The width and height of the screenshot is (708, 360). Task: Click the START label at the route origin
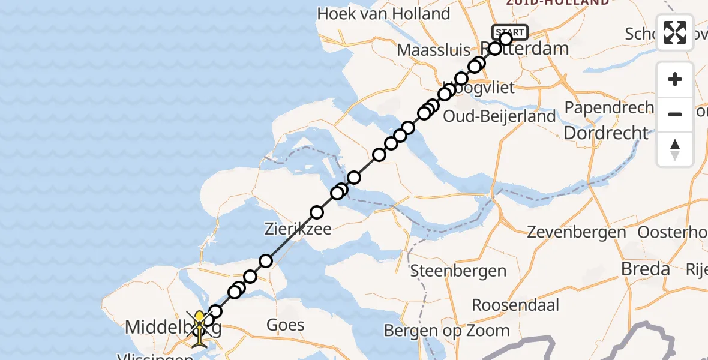pyautogui.click(x=510, y=32)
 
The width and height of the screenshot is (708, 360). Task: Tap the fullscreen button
pyautogui.click(x=675, y=32)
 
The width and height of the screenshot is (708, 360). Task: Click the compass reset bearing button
pyautogui.click(x=675, y=149)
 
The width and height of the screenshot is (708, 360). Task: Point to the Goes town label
pyautogui.click(x=286, y=325)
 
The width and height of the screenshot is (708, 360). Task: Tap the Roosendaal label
pyautogui.click(x=515, y=305)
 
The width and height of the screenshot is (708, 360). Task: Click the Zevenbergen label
pyautogui.click(x=577, y=232)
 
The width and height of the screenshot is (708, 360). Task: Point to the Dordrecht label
pyautogui.click(x=607, y=133)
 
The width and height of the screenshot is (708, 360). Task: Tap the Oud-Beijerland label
pyautogui.click(x=499, y=116)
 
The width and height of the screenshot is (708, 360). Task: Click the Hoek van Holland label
pyautogui.click(x=383, y=14)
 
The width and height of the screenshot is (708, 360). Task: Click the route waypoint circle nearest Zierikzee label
pyautogui.click(x=316, y=212)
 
